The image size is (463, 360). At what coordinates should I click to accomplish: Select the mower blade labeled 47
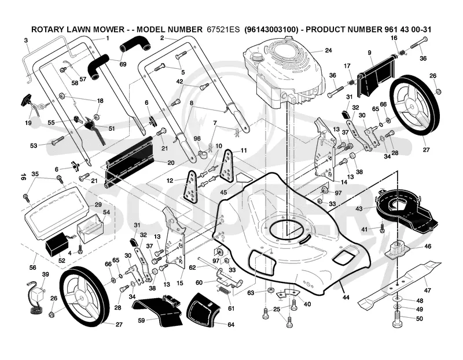coord(399,284)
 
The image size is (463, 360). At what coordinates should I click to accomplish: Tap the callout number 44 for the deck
coord(345,297)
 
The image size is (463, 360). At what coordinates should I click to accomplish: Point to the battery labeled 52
coord(57,244)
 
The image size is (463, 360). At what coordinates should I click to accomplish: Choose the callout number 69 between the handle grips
coord(123,64)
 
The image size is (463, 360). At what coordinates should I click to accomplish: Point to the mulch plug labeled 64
coord(204,311)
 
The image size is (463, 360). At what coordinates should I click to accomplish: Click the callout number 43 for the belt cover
coord(359,209)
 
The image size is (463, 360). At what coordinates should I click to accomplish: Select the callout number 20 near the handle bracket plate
coord(171,163)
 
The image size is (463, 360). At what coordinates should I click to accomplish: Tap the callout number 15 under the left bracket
coord(179,283)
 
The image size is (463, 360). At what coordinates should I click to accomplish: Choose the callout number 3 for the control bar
coord(26,40)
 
